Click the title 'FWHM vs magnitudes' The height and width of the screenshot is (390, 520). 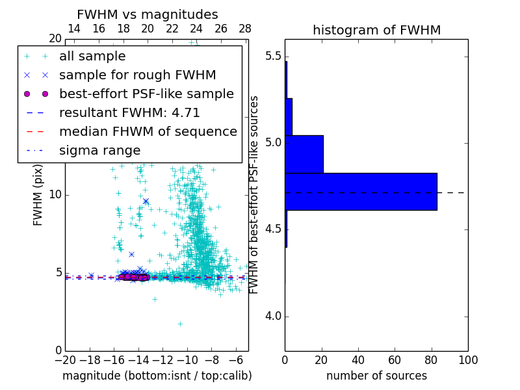point(147,14)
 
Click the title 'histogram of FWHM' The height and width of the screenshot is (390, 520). point(376,30)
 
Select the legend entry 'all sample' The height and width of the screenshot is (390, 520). point(92,57)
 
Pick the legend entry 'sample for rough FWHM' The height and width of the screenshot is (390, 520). point(137,75)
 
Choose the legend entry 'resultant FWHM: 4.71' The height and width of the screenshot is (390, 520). point(129,113)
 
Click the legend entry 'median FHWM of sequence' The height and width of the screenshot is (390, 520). point(148,132)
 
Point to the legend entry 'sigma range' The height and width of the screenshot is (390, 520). point(99,151)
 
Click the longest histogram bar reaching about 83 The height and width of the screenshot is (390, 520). point(361,192)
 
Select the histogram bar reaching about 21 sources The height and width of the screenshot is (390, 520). point(304,154)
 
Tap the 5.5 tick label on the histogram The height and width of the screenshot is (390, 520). point(273,57)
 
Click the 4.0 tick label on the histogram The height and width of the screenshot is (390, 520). point(273,317)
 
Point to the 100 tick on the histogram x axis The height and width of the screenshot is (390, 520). point(468,360)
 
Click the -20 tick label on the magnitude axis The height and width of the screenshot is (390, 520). point(65,360)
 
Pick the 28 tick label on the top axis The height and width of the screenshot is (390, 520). point(245,29)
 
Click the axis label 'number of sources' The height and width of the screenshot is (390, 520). point(376,376)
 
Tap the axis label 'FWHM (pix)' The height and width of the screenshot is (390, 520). point(38,195)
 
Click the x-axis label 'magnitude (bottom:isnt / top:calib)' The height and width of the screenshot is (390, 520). point(157,376)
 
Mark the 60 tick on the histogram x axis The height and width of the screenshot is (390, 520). point(395,360)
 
